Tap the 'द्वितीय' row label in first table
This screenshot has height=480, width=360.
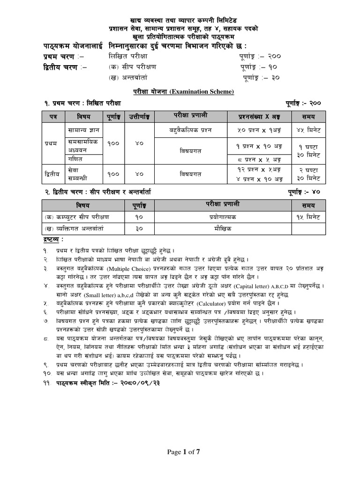(52, 174)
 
